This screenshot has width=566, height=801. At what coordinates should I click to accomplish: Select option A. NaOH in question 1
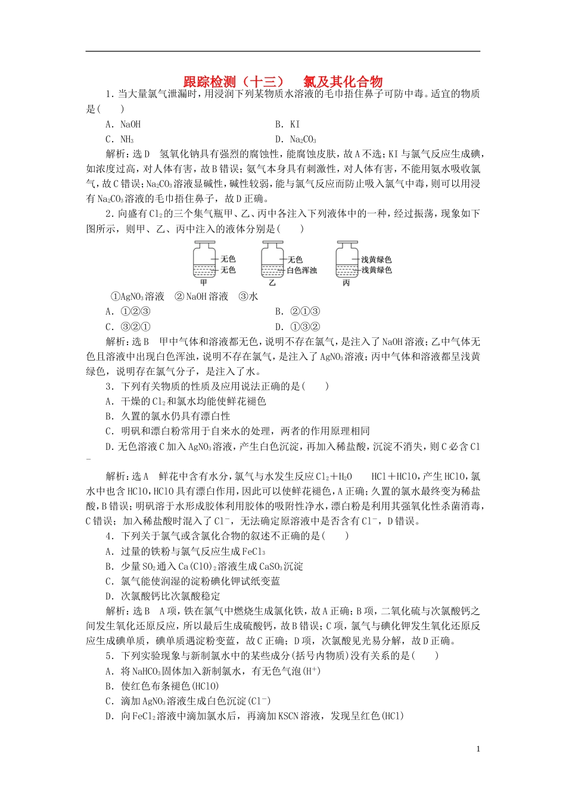(x=123, y=125)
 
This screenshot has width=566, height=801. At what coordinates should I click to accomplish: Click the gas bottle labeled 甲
(x=204, y=260)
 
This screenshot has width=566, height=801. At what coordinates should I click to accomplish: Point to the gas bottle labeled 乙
(x=272, y=260)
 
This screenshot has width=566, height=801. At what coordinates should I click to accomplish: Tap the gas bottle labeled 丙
(x=347, y=260)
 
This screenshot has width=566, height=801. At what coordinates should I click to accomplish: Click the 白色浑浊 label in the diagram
(x=302, y=271)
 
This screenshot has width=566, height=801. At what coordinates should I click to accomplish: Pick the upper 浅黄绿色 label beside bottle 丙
(x=377, y=260)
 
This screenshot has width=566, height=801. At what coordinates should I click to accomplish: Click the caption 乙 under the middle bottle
(x=272, y=283)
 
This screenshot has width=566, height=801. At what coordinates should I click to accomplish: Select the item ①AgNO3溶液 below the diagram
(x=138, y=297)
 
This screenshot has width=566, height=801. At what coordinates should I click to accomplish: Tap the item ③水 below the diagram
(x=248, y=297)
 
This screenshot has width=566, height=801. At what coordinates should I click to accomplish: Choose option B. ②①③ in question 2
(x=298, y=312)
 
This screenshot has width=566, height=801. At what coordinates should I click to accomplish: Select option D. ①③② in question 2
(x=298, y=327)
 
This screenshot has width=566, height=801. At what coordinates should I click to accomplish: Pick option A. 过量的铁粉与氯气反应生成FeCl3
(x=185, y=552)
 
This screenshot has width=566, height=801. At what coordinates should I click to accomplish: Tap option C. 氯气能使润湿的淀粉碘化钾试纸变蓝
(x=192, y=582)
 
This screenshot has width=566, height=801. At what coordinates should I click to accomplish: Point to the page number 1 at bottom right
(x=478, y=750)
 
